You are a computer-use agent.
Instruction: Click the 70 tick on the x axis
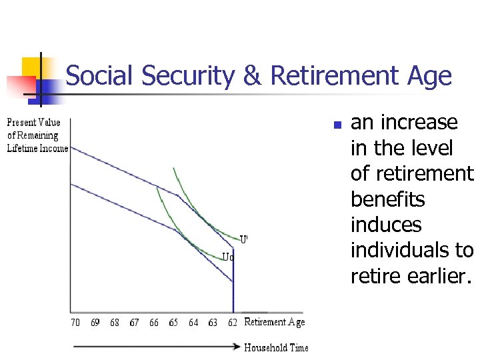tap(75, 323)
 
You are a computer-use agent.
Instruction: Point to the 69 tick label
tap(95, 323)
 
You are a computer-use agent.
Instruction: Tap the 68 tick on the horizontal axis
tap(115, 323)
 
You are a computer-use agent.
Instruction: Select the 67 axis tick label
tap(134, 323)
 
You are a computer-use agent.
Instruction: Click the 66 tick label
tap(154, 323)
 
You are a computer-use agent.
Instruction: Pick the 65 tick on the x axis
tap(173, 323)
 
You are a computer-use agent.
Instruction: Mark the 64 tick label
tap(193, 323)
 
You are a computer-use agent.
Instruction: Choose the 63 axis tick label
tap(213, 323)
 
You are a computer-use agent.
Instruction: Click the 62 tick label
tap(232, 323)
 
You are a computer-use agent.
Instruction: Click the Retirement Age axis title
tap(274, 323)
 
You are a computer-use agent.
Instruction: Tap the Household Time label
tap(276, 347)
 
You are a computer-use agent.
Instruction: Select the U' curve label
tap(244, 238)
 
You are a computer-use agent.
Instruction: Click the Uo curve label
tap(228, 257)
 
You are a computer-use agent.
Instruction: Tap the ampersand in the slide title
tap(252, 76)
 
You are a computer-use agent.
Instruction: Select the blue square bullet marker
tap(337, 125)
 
